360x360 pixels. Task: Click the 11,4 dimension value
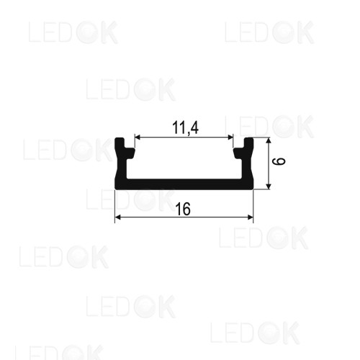coord(185,128)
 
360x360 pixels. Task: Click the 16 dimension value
coord(183,209)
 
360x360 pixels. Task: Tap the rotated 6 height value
coord(279,161)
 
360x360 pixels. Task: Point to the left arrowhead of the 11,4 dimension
coord(137,138)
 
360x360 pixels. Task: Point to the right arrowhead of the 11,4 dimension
coord(230,138)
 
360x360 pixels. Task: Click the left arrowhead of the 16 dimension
coord(117,217)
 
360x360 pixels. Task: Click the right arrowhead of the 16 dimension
coord(251,217)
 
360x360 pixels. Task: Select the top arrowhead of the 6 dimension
coord(269,140)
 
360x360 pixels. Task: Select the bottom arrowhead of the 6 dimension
coord(269,186)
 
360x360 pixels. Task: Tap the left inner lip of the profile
coord(130,153)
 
